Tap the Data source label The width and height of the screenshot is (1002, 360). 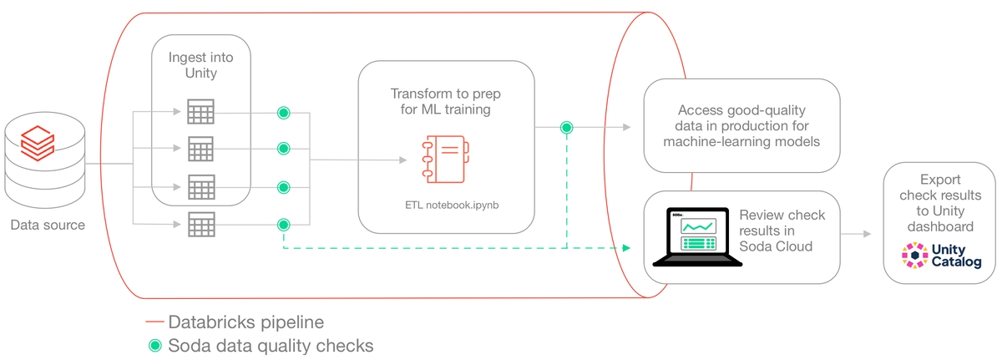tap(48, 225)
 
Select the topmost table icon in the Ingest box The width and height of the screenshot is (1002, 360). tap(201, 111)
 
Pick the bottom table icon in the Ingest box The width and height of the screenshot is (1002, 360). tap(201, 224)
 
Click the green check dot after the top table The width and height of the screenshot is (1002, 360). tap(284, 112)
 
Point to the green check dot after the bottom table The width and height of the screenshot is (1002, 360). tap(284, 225)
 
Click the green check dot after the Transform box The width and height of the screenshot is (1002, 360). tap(567, 128)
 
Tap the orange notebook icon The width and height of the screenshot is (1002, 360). tap(445, 159)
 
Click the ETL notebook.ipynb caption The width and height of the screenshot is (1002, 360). tap(446, 204)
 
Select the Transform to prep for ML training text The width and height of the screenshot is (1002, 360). tap(446, 100)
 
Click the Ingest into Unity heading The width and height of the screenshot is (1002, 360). tap(200, 65)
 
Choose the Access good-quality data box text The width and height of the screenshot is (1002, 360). tap(741, 125)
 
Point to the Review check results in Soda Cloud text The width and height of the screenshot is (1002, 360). tap(782, 231)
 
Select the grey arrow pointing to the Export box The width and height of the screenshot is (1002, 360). tap(859, 235)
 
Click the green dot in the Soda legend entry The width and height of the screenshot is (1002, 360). tap(154, 344)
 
